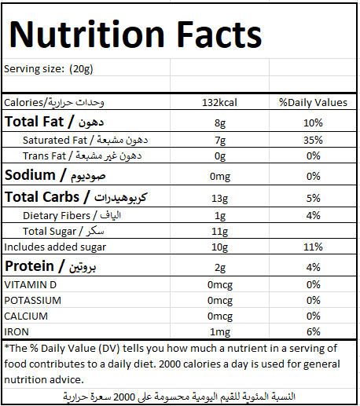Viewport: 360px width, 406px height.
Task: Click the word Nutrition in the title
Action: [86, 34]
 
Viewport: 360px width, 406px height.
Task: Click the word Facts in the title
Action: [219, 34]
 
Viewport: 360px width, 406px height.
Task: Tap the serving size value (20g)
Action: [81, 69]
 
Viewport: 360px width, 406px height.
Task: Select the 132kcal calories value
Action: [219, 102]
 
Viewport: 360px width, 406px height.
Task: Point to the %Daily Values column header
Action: [313, 102]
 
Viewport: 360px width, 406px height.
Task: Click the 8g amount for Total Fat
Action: [220, 123]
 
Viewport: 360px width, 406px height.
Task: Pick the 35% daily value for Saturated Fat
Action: [313, 140]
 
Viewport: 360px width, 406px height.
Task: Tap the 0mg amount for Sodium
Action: [220, 177]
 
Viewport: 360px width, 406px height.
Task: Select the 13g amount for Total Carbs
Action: [220, 199]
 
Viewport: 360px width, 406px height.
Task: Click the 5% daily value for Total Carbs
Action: [314, 198]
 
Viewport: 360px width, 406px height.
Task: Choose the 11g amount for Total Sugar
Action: [220, 232]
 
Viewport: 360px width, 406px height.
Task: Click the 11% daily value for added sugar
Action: [313, 247]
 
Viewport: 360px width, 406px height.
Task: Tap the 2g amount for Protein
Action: [220, 268]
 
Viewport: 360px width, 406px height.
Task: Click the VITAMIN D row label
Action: [31, 285]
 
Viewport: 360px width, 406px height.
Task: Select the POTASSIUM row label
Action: [33, 301]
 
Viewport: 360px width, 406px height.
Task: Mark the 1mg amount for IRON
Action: [220, 332]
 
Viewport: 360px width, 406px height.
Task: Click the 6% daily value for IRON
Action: [314, 331]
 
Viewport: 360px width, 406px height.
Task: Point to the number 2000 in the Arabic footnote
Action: [124, 397]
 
